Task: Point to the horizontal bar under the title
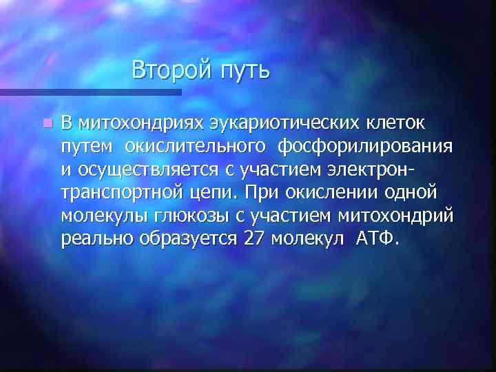click(90, 92)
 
